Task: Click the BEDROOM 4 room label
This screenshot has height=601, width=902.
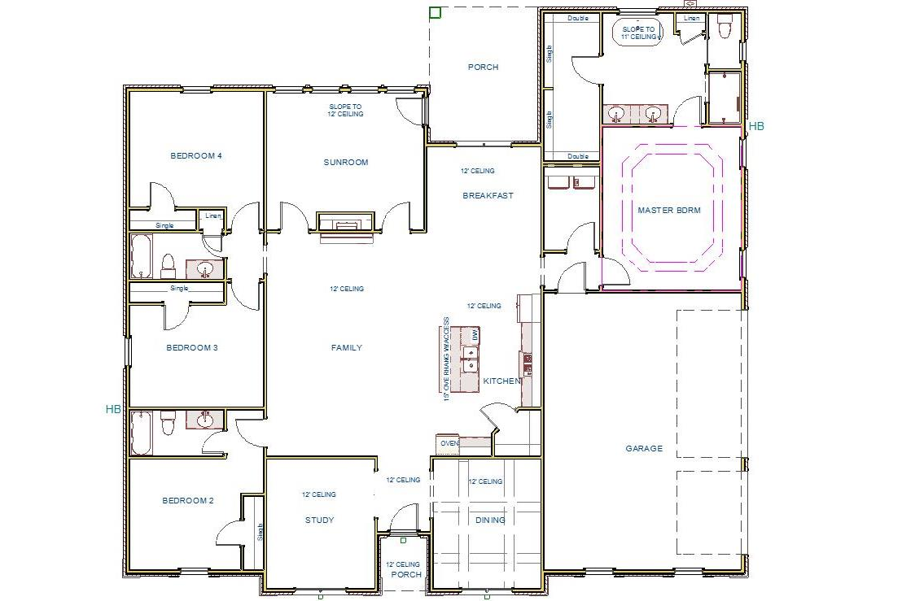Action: [196, 156]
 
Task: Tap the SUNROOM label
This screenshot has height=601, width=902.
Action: [346, 163]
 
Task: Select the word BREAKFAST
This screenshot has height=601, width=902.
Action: [488, 196]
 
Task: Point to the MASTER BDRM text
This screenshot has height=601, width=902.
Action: [669, 210]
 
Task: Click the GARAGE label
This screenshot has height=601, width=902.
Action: [644, 449]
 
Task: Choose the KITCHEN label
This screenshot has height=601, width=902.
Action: [502, 381]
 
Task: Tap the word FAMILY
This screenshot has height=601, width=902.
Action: [347, 348]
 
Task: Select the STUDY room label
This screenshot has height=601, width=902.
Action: [319, 520]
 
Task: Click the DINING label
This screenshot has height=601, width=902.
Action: [490, 520]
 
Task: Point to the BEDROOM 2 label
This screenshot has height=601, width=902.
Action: [188, 501]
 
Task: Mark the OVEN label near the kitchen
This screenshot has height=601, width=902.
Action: [449, 444]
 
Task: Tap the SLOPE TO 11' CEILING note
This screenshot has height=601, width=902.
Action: [638, 33]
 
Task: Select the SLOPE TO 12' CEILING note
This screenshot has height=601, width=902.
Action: [346, 111]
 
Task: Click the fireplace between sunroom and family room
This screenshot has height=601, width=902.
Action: [346, 224]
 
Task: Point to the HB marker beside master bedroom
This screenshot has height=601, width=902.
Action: [756, 126]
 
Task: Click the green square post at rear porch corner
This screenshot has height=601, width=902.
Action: [435, 12]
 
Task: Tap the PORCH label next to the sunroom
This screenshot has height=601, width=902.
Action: [483, 68]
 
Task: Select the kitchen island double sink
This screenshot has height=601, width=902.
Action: [470, 359]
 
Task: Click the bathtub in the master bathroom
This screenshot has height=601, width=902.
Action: [637, 33]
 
